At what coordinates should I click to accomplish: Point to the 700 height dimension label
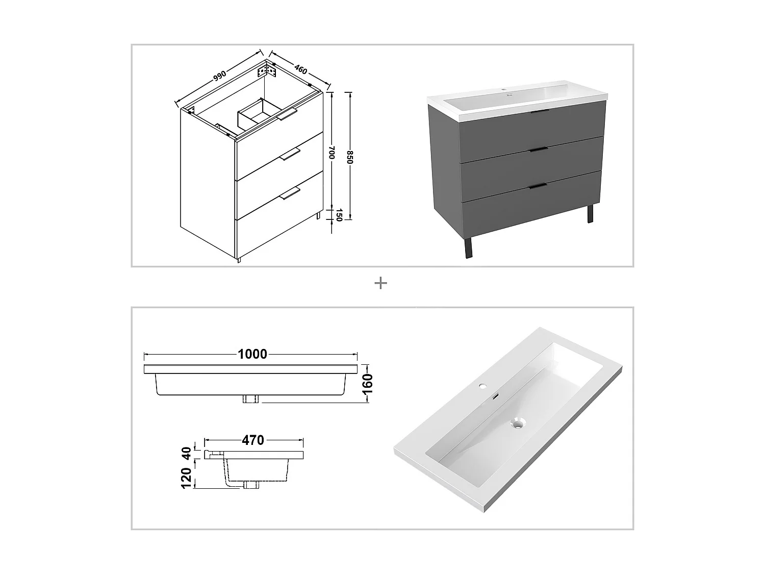pos(331,153)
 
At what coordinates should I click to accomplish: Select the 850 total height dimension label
pos(350,157)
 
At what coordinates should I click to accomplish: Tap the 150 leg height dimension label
pos(338,215)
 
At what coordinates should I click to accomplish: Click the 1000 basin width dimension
pos(252,354)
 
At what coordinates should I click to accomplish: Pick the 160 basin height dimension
pos(368,383)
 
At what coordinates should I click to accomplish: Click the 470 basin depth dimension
pos(253,440)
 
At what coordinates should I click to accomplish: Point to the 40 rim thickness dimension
pos(187,453)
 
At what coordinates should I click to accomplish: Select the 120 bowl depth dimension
pos(187,478)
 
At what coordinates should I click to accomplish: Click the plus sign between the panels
pos(380,283)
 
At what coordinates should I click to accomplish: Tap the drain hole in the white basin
pos(519,422)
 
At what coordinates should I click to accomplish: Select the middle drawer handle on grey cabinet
pos(539,149)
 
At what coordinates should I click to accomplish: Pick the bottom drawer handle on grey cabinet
pos(539,186)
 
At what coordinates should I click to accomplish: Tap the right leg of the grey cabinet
pos(590,214)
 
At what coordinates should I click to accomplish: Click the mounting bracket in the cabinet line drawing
pos(269,70)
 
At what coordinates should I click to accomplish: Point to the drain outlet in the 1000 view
pos(250,399)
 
